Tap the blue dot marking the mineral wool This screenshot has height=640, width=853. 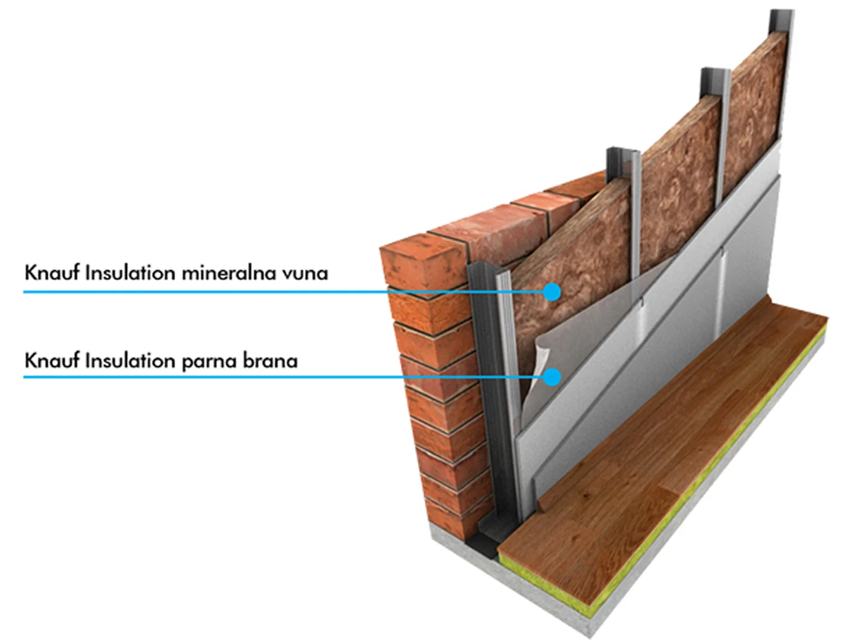point(552,292)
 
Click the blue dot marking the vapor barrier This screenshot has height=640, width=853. point(552,377)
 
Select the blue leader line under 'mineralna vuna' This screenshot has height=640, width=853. point(284,292)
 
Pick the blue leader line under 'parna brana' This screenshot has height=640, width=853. point(284,377)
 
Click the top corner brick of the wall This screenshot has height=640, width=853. point(423,259)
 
